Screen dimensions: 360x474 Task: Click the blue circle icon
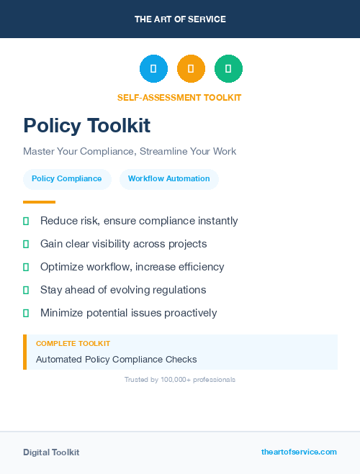point(153,68)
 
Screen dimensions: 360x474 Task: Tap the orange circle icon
point(191,68)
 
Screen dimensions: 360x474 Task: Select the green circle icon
point(228,68)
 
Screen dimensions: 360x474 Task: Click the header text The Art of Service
point(180,19)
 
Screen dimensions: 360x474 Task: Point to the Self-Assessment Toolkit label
point(179,97)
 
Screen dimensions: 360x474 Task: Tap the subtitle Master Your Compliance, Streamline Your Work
point(130,152)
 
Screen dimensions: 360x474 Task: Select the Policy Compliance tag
point(67,179)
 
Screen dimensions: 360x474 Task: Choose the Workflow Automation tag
point(169,179)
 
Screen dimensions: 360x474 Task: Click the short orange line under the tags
point(39,202)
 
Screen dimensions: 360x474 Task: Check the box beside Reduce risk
point(26,222)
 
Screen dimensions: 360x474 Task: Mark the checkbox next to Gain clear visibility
point(26,245)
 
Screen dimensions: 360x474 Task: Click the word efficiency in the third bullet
point(199,267)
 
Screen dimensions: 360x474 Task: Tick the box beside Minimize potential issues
point(26,313)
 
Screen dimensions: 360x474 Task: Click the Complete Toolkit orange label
point(73,344)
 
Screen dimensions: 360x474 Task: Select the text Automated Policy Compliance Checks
point(116,359)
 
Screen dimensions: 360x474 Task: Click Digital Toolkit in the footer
point(51,452)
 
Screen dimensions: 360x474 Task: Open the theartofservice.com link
point(299,452)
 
